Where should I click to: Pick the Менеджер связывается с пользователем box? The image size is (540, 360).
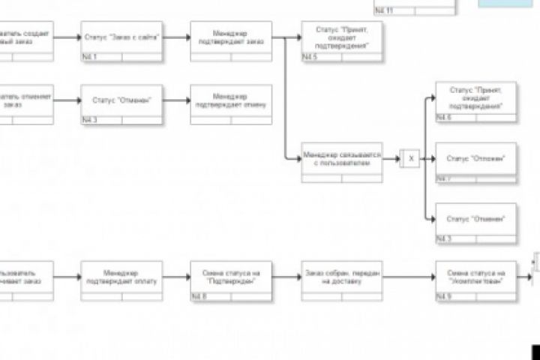341,160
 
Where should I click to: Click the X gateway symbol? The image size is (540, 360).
410,159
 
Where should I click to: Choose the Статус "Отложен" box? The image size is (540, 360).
476,159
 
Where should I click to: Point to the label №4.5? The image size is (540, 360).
310,57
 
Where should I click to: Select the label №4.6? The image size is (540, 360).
445,119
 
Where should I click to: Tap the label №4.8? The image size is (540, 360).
199,297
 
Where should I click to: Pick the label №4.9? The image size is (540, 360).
445,297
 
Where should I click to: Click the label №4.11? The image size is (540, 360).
384,10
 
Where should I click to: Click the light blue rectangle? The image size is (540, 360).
505,4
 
